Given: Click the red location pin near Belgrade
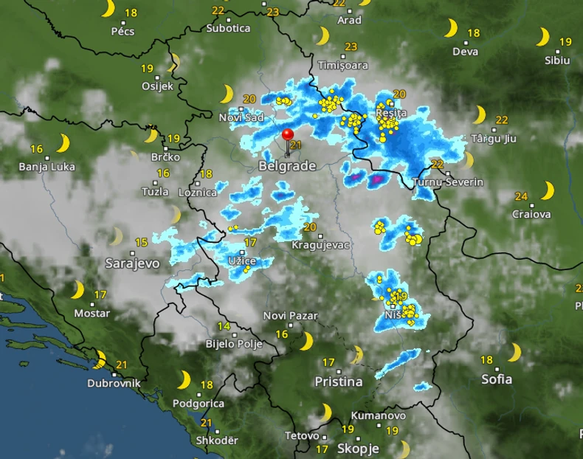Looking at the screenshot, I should pyautogui.click(x=287, y=136).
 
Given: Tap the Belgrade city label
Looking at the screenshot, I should pyautogui.click(x=287, y=167).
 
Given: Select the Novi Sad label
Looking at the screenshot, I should pyautogui.click(x=241, y=117).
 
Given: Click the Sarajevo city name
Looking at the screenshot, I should pyautogui.click(x=132, y=263).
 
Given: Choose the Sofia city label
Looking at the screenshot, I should pyautogui.click(x=497, y=379).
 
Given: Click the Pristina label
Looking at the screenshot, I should pyautogui.click(x=339, y=382).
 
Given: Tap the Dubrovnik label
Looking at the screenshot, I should pyautogui.click(x=114, y=383).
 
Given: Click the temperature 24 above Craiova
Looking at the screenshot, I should pyautogui.click(x=521, y=196).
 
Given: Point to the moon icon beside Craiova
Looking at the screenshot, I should pyautogui.click(x=547, y=191).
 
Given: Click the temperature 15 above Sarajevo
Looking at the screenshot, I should pyautogui.click(x=142, y=242).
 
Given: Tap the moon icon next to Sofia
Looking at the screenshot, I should pyautogui.click(x=514, y=353).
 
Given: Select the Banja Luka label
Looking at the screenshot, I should pyautogui.click(x=47, y=167).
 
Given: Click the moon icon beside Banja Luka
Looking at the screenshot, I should pyautogui.click(x=63, y=142).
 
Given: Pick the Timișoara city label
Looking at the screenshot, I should pyautogui.click(x=342, y=65).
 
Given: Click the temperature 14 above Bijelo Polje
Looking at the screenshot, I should pyautogui.click(x=223, y=326).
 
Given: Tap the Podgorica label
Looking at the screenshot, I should pyautogui.click(x=199, y=404).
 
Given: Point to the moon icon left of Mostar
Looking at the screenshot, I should pyautogui.click(x=77, y=290).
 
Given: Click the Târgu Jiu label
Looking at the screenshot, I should pyautogui.click(x=491, y=138).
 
